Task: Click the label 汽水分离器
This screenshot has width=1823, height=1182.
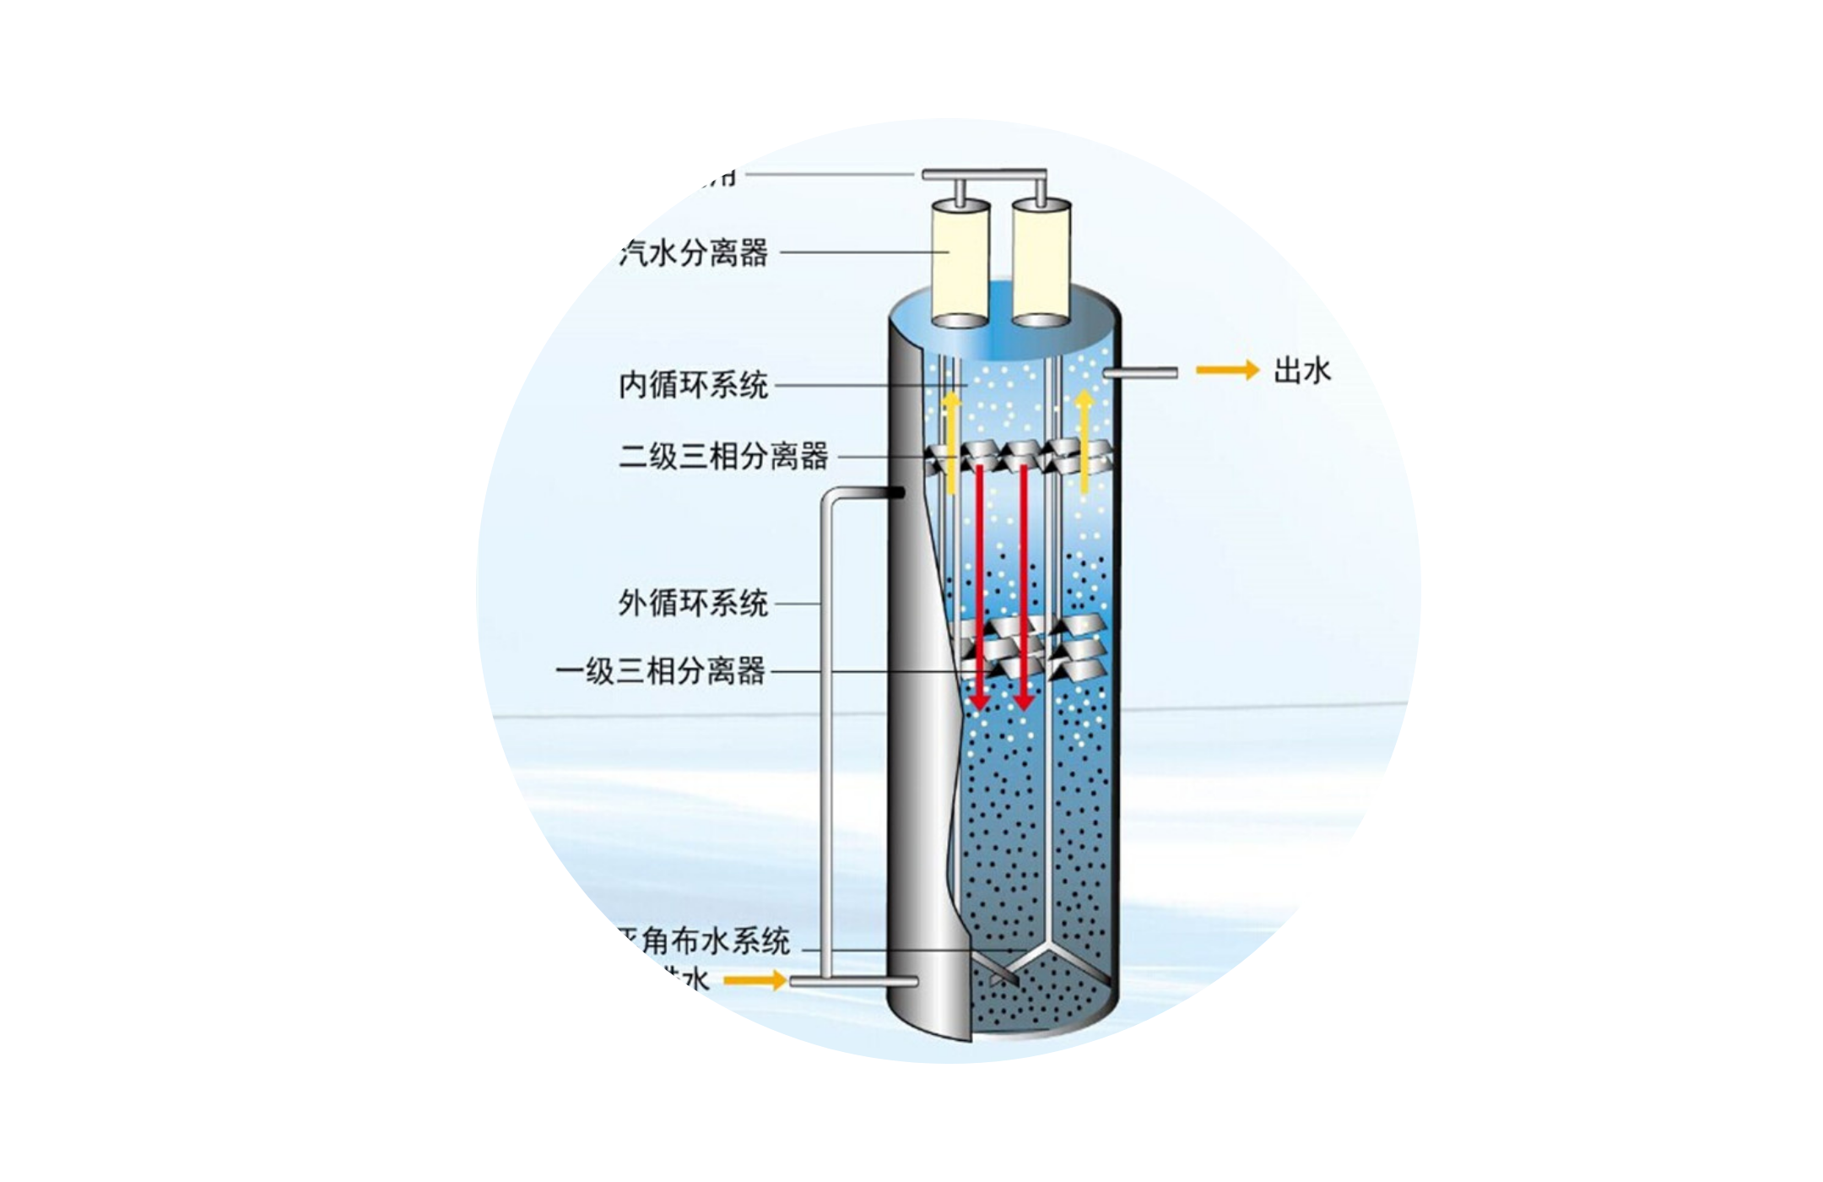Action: pyautogui.click(x=694, y=252)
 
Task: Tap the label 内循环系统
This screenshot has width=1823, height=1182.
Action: pyautogui.click(x=694, y=386)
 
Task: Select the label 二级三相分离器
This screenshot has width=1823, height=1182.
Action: pyautogui.click(x=724, y=457)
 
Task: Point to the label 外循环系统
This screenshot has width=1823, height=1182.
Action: pyautogui.click(x=694, y=604)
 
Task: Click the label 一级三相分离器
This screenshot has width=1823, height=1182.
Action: pyautogui.click(x=661, y=672)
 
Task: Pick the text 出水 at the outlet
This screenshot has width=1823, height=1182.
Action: pyautogui.click(x=1301, y=371)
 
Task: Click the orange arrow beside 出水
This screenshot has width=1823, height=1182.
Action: pyautogui.click(x=1227, y=371)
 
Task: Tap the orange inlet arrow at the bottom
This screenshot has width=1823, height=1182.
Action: pyautogui.click(x=755, y=980)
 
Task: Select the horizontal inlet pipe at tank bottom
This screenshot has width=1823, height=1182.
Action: pyautogui.click(x=852, y=982)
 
